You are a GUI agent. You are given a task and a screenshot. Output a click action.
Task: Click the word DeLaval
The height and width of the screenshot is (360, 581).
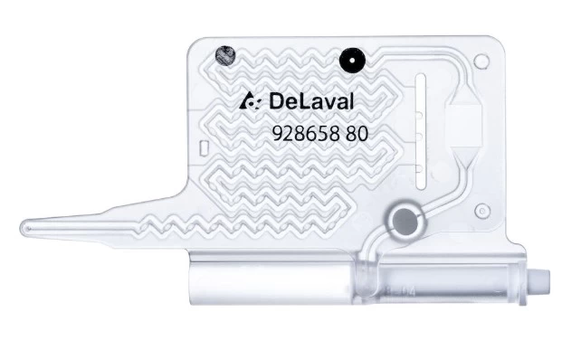[311, 101]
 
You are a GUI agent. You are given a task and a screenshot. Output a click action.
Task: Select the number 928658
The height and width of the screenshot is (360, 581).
[306, 133]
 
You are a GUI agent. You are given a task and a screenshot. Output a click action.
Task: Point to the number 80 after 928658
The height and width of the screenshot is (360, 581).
[357, 133]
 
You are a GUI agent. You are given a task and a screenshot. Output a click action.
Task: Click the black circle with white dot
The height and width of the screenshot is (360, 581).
[352, 61]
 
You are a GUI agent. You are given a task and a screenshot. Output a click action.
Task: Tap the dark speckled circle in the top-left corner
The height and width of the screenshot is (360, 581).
[225, 56]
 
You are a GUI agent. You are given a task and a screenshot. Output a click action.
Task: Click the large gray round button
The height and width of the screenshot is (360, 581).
[405, 222]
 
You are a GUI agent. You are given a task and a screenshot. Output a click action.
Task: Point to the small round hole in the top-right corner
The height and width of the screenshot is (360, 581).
[481, 61]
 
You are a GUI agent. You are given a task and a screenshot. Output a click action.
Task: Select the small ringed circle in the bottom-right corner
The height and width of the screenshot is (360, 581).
[482, 211]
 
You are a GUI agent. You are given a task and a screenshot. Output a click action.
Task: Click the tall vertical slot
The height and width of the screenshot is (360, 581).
[421, 131]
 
